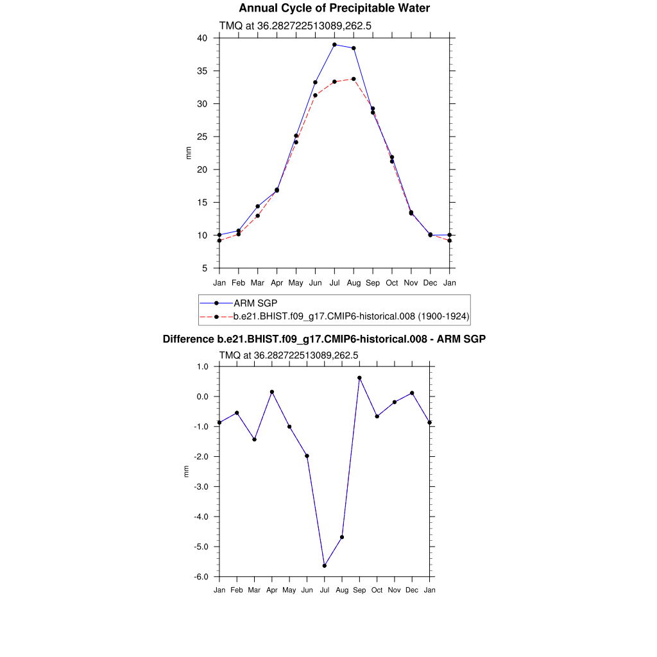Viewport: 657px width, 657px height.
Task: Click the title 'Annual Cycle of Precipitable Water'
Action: click(334, 8)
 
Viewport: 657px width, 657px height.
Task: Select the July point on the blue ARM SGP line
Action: click(334, 45)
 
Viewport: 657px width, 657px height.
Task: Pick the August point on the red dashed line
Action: click(354, 79)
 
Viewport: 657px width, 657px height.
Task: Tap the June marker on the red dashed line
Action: click(315, 96)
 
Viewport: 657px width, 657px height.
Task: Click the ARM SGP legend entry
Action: click(255, 303)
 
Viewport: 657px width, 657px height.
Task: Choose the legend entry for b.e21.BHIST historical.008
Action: click(352, 316)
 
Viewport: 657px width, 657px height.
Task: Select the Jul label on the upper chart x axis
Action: click(334, 283)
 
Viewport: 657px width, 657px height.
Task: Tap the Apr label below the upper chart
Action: click(277, 283)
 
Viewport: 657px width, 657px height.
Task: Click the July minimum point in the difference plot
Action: click(325, 566)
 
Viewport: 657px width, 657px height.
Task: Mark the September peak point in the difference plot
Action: click(359, 378)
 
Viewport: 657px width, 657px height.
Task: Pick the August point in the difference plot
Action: click(342, 537)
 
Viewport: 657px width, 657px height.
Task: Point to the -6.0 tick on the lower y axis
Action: click(202, 577)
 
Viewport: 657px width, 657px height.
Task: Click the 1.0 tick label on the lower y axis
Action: click(203, 366)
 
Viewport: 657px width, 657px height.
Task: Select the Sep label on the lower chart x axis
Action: click(359, 590)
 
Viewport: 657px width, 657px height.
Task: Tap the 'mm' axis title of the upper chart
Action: click(189, 153)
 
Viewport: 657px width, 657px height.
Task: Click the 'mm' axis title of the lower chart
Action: click(187, 472)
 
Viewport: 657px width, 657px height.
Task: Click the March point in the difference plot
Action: click(255, 439)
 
